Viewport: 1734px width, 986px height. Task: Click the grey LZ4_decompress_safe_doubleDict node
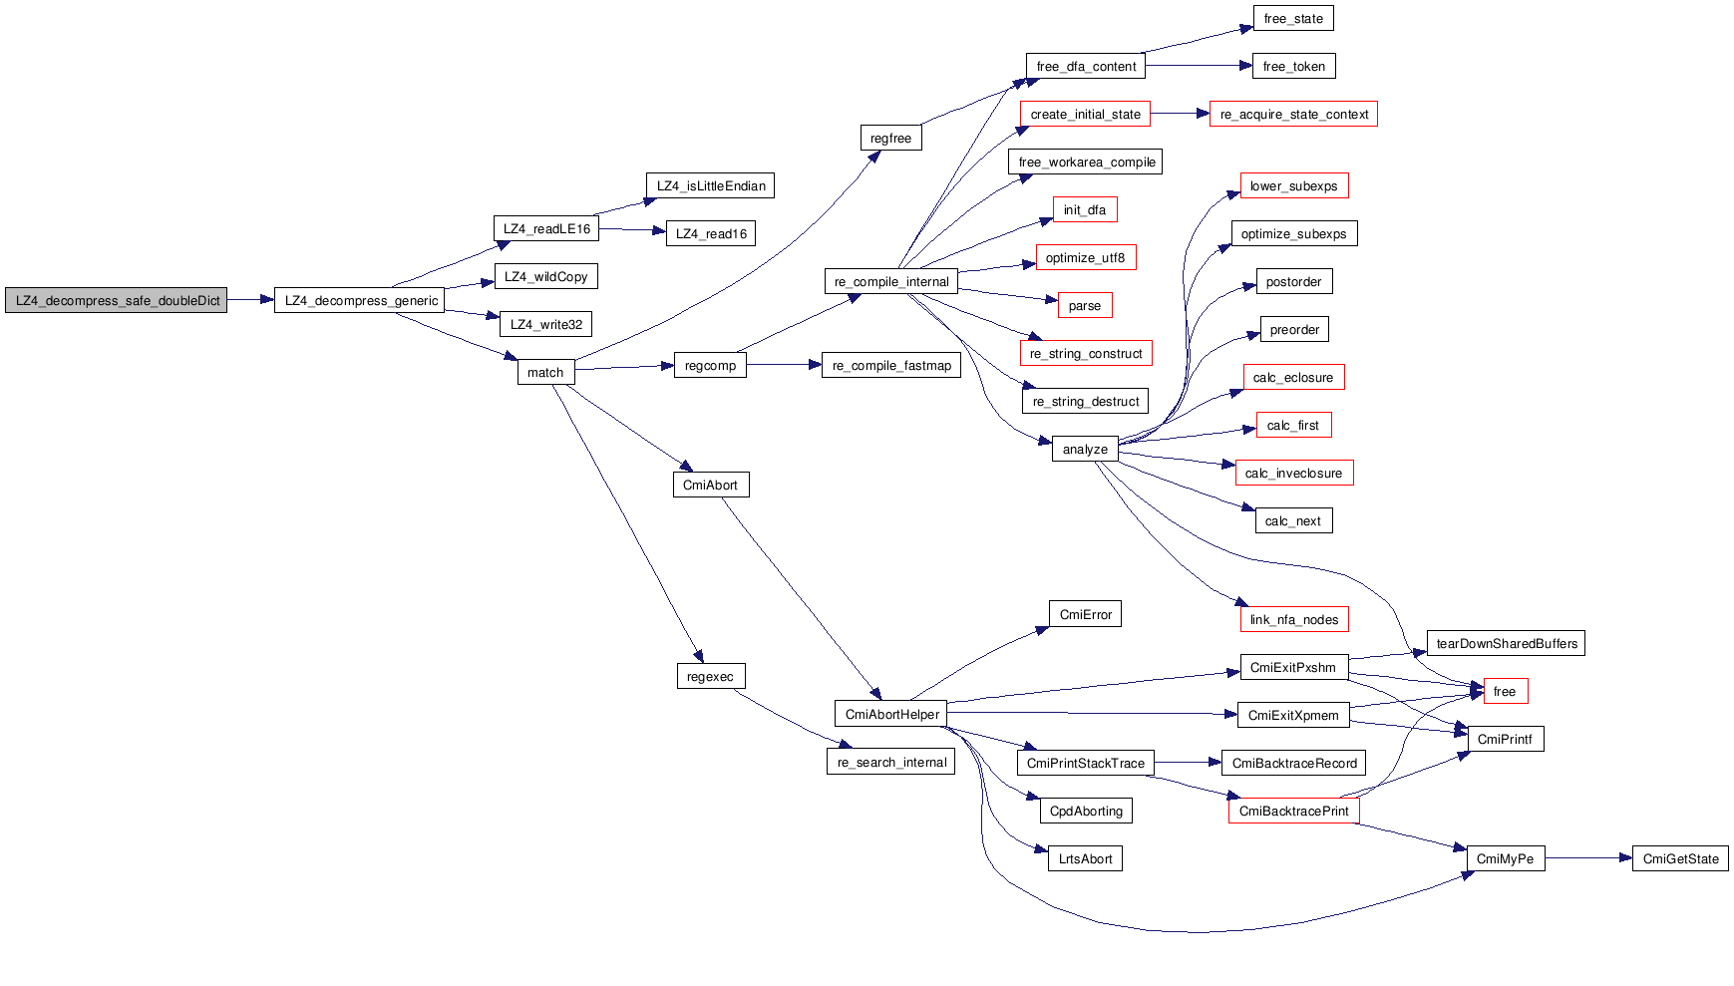pos(117,300)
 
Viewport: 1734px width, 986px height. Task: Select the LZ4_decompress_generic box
pos(360,300)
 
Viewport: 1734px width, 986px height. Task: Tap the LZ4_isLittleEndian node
pos(710,186)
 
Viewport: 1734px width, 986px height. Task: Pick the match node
pos(545,372)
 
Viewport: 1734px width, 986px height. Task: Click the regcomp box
pos(710,366)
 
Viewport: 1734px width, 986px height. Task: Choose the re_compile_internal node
pos(891,282)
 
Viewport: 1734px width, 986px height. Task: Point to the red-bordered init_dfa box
pos(1085,210)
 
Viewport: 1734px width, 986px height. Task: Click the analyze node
pos(1085,450)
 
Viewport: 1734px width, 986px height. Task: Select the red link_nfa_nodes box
pos(1293,619)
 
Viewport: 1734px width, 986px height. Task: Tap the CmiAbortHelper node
pos(891,714)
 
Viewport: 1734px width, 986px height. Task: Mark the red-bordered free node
pos(1505,691)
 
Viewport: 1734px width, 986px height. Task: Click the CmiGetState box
pos(1680,858)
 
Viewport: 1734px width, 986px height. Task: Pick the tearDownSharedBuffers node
pos(1506,643)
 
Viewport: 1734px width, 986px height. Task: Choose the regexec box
pos(710,677)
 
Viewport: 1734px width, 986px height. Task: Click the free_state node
pos(1293,19)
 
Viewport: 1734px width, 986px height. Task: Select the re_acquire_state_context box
pos(1293,115)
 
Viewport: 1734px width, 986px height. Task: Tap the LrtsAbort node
pos(1085,858)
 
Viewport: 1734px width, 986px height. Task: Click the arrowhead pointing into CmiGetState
pos(1625,858)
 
